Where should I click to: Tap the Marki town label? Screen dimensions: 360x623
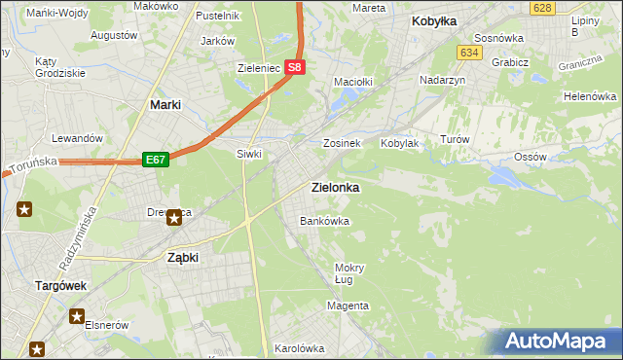point(167,104)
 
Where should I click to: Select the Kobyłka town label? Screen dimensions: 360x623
point(434,20)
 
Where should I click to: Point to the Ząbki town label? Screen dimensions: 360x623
point(183,258)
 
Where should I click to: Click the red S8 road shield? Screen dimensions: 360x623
point(297,68)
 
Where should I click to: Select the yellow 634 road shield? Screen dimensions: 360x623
point(470,52)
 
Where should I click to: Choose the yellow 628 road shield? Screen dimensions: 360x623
point(542,8)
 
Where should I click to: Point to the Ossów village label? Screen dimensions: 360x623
point(530,157)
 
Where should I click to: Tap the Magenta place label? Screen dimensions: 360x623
point(348,306)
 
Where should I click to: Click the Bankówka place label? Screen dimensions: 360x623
point(324,222)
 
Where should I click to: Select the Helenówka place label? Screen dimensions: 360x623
point(591,97)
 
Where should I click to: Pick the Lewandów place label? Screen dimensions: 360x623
point(78,139)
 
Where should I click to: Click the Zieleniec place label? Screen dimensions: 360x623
point(259,69)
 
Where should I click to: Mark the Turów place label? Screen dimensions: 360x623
point(455,140)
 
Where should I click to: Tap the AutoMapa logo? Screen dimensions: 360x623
point(556,342)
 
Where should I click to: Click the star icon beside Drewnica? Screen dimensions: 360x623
point(174,218)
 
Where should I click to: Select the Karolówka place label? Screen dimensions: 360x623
point(299,347)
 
